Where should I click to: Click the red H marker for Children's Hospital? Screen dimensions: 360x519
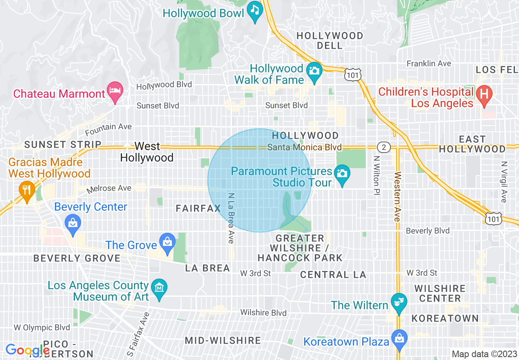click(x=484, y=95)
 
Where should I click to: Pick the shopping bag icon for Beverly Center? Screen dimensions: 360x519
click(x=72, y=224)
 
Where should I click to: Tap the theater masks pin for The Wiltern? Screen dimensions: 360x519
click(x=397, y=302)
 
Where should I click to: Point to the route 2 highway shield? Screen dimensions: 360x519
click(x=383, y=147)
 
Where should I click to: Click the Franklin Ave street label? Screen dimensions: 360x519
click(x=429, y=63)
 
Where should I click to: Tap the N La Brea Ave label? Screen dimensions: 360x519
click(x=231, y=218)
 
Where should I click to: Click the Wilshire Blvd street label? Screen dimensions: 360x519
click(x=263, y=313)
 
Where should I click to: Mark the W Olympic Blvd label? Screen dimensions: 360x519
click(x=42, y=328)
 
